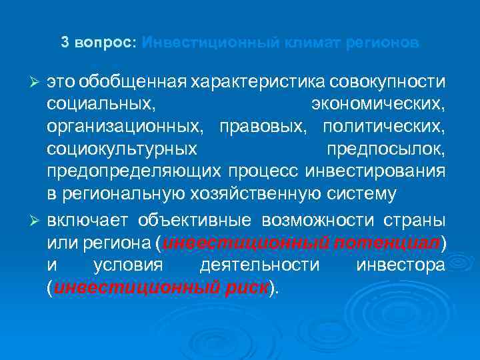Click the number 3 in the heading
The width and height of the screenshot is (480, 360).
click(x=65, y=43)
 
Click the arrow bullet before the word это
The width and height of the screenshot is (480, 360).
click(x=37, y=81)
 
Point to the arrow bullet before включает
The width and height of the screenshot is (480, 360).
click(x=37, y=221)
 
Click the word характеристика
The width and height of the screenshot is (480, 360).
click(x=257, y=81)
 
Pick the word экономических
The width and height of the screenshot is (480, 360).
click(x=379, y=104)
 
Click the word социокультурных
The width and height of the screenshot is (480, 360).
click(x=122, y=149)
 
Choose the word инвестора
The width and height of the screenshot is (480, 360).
click(x=401, y=266)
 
